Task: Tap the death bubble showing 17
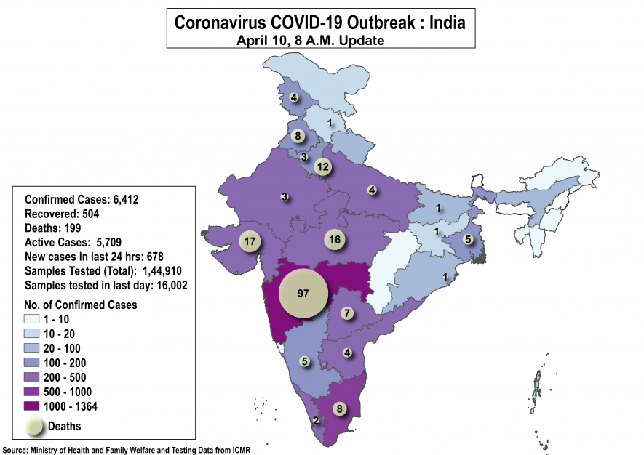pos(250,241)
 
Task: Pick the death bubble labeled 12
pos(323,166)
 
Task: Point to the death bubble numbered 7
pos(347,313)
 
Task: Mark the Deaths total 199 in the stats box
pos(71,228)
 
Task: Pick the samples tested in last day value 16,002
pos(167,285)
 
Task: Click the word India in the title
pos(447,22)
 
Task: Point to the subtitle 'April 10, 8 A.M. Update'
pos(310,40)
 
